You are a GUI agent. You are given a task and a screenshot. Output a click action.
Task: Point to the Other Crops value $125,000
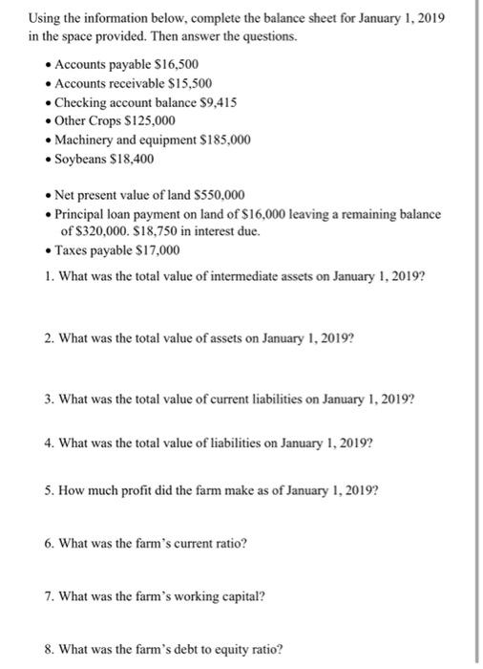150,120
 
